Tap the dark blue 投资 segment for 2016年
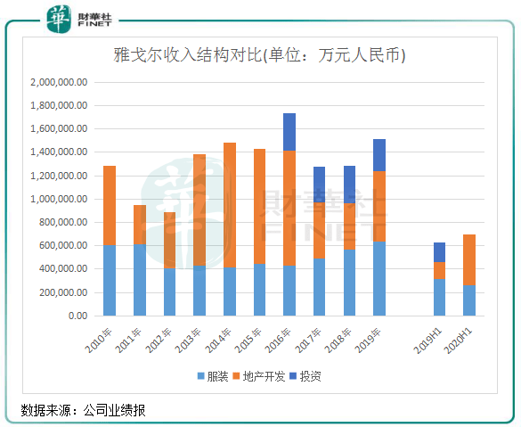289,132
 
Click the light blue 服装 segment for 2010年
110,281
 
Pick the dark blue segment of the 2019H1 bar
439,252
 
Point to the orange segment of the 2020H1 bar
469,259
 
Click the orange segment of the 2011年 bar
140,225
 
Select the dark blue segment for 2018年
349,185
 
